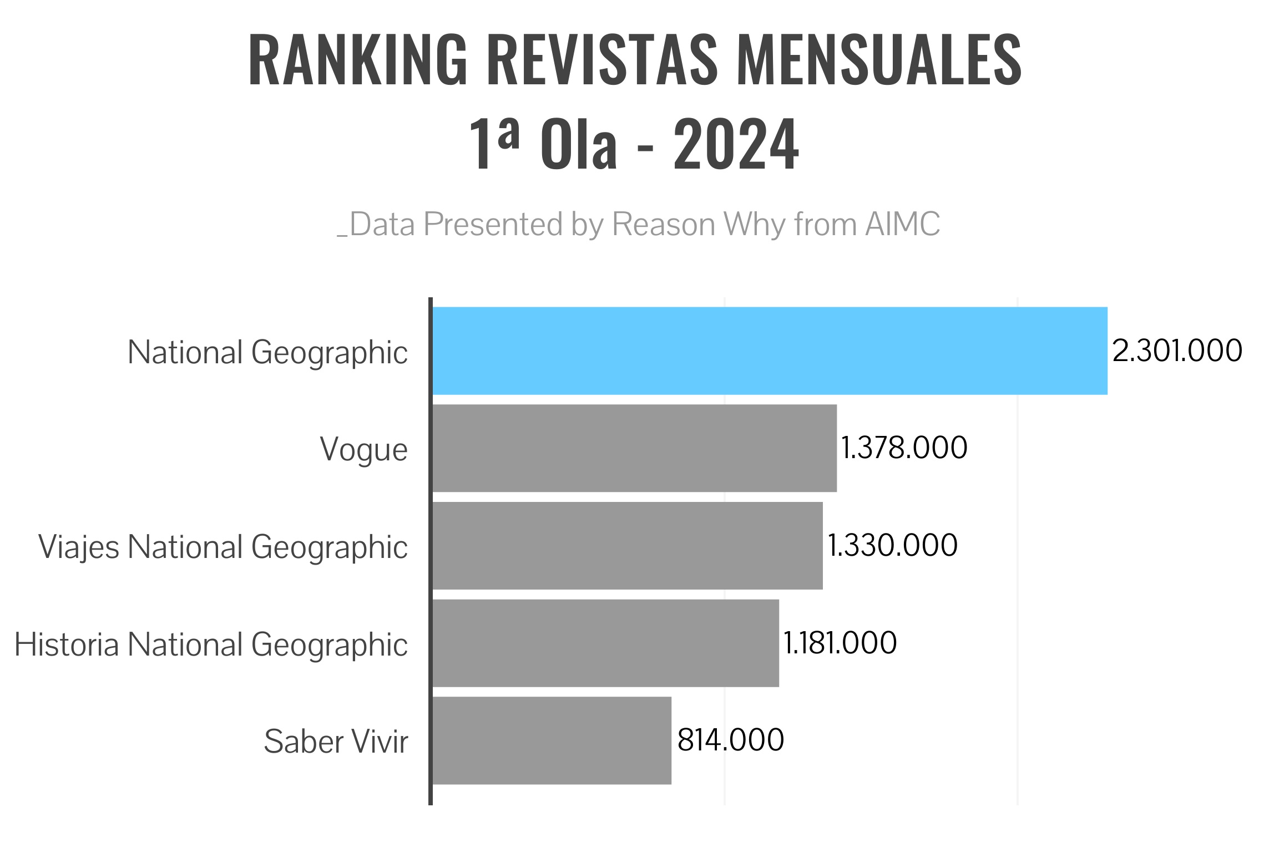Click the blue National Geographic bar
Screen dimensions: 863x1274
(770, 351)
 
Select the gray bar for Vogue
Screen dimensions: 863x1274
(634, 448)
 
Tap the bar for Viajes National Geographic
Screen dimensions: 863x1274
(627, 546)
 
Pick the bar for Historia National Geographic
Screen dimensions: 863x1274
(605, 643)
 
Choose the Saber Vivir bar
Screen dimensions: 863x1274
(552, 741)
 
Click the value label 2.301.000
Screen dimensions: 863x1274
(1177, 351)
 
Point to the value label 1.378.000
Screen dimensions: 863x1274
(904, 448)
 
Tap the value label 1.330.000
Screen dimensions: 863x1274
(892, 545)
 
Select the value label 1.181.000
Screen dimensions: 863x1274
(840, 643)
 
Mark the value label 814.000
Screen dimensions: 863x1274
(731, 740)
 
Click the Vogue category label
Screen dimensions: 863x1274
(363, 450)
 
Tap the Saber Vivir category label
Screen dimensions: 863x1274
(336, 742)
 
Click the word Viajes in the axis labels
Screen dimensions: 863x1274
(78, 548)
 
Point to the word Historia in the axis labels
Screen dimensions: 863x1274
(67, 645)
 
